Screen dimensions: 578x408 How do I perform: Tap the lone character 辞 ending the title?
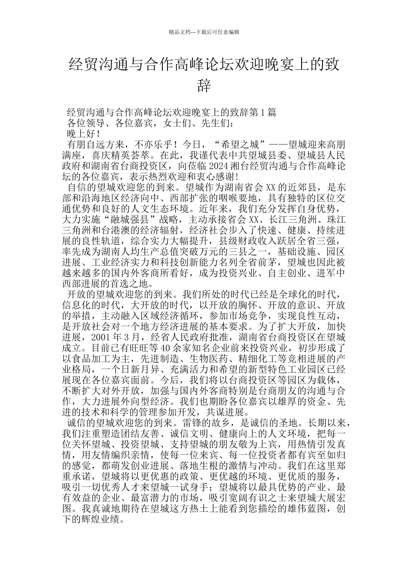pos(204,86)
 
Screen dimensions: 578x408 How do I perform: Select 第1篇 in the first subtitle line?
pos(263,113)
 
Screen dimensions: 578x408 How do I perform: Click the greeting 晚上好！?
pos(84,133)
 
